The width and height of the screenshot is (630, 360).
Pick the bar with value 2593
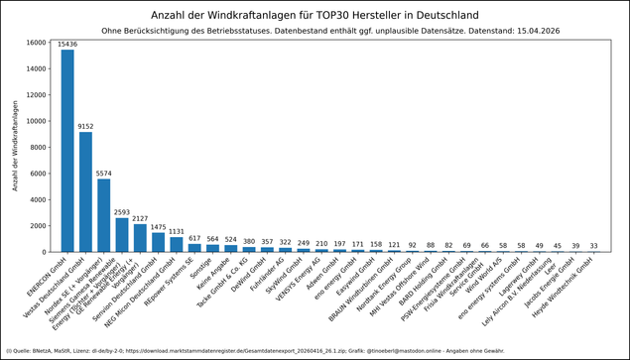122,235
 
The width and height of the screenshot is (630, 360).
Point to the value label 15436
67,45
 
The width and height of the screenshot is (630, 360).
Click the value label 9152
85,126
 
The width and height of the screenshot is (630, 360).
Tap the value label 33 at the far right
593,245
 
